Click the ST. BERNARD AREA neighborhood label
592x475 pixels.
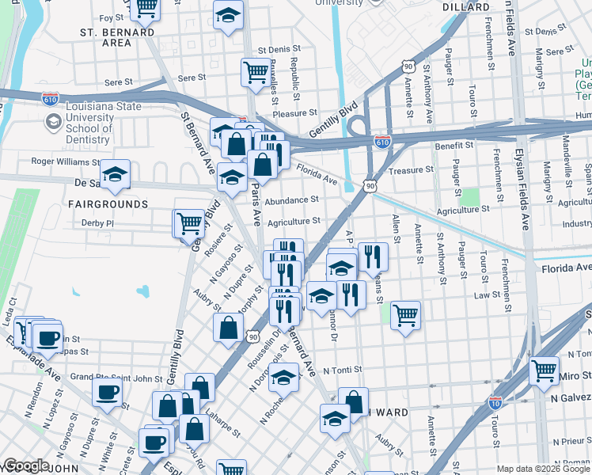pyautogui.click(x=117, y=37)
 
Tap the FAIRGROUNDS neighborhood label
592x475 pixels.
pyautogui.click(x=108, y=204)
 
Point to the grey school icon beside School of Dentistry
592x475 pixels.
pyautogui.click(x=53, y=121)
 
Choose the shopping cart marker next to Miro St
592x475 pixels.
pyautogui.click(x=544, y=369)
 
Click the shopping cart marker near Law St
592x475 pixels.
pyautogui.click(x=405, y=315)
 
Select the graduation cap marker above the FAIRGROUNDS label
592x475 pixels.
pyautogui.click(x=115, y=174)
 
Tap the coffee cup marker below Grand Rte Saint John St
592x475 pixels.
pyautogui.click(x=107, y=391)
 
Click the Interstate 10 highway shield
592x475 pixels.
pyautogui.click(x=495, y=403)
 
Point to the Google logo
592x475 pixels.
pyautogui.click(x=26, y=465)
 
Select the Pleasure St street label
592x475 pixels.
pyautogui.click(x=294, y=114)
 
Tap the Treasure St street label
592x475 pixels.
pyautogui.click(x=412, y=169)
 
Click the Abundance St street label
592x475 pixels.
pyautogui.click(x=291, y=200)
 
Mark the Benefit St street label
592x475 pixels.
pyautogui.click(x=453, y=146)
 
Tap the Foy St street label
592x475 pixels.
pyautogui.click(x=106, y=17)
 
